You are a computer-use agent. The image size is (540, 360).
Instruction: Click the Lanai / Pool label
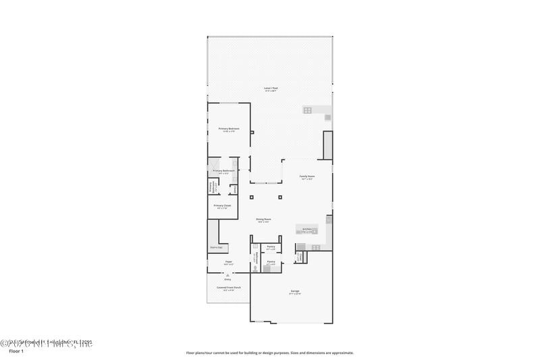pos(270,88)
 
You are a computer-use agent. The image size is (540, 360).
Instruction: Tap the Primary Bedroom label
pos(229,128)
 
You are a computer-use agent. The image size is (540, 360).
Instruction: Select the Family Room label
pos(307,176)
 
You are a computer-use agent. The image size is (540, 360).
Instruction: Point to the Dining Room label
pos(263,219)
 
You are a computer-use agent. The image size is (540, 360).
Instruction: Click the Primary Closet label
pos(223,205)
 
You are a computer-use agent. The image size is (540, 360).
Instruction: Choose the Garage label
pos(294,291)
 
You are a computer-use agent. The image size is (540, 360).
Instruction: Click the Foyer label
pos(229,261)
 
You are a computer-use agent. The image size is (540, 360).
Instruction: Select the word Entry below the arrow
pos(227,279)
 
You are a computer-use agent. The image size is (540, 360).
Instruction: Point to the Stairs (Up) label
pos(216,247)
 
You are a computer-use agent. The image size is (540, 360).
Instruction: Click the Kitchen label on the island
pos(307,230)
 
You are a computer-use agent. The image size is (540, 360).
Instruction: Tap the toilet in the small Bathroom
pos(255,268)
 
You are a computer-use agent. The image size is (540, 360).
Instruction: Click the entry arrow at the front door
pos(227,275)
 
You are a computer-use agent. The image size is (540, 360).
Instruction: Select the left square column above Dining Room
pos(251,198)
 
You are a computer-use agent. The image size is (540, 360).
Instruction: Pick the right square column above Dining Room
pos(280,198)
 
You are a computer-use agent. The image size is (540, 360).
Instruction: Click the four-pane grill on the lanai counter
pos(307,110)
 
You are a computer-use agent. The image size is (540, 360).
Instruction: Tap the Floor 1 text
pos(16,351)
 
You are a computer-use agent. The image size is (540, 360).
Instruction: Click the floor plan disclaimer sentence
pos(270,353)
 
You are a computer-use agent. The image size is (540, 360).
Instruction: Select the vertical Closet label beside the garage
pos(299,257)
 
